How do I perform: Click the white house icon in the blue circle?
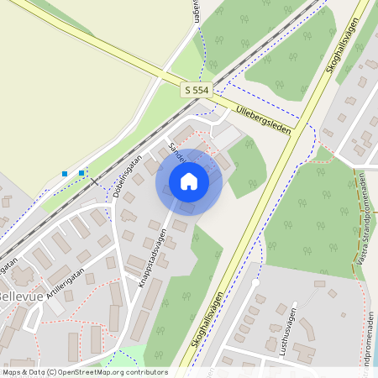point(189,181)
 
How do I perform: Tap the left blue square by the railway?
point(65,174)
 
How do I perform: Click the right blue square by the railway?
point(81,173)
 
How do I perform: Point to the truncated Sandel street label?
point(176,152)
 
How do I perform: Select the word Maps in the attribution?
point(13,371)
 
